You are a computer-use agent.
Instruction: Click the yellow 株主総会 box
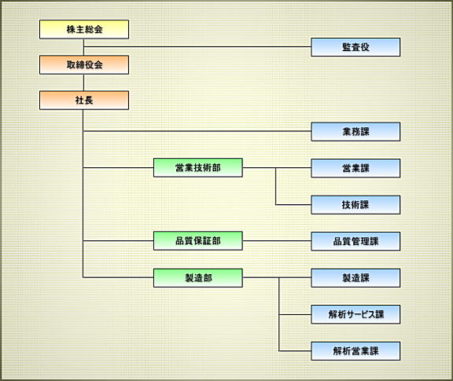[x=84, y=29]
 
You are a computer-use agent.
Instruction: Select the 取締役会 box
[x=84, y=64]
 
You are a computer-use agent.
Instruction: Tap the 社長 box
[x=84, y=100]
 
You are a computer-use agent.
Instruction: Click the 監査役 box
[x=355, y=47]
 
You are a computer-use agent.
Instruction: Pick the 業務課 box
[x=355, y=132]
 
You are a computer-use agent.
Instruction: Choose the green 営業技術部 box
[x=198, y=167]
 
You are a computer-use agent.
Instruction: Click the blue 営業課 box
[x=355, y=168]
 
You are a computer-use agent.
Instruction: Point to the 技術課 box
[x=355, y=205]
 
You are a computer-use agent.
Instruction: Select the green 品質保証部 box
[x=198, y=240]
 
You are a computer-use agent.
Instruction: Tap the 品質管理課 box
[x=355, y=241]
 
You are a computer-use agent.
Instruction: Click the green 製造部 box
[x=198, y=278]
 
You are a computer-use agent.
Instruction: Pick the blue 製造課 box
[x=355, y=278]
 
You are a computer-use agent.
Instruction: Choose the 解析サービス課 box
[x=355, y=314]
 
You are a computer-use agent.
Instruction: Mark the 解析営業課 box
[x=355, y=351]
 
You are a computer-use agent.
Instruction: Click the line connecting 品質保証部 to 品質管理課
[x=277, y=240]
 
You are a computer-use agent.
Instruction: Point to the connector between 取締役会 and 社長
[x=84, y=82]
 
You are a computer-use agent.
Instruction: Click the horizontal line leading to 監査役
[x=197, y=46]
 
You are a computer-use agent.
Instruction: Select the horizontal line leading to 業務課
[x=197, y=131]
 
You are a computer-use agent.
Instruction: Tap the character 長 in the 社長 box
[x=89, y=100]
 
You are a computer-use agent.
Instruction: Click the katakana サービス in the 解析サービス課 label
[x=361, y=314]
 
